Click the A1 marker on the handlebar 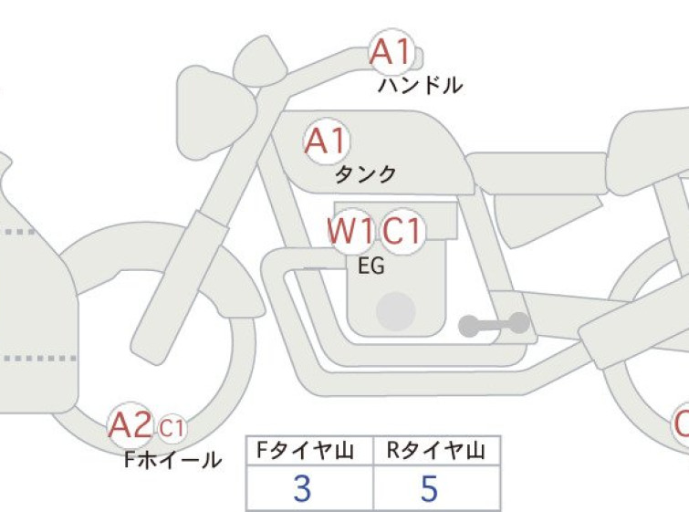coord(391,52)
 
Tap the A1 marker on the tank coord(327,141)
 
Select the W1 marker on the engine coord(351,231)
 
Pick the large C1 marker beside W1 coord(402,231)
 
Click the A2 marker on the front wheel coord(130,425)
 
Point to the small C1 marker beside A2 coord(172,427)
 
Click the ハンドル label coord(420,86)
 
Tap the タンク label coord(365,175)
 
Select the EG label coord(371,266)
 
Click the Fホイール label coord(172,460)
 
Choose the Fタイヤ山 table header coord(306,451)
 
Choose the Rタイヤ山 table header coord(436,451)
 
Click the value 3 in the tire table coord(302,488)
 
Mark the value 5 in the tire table coord(429,488)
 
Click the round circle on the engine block coord(396,311)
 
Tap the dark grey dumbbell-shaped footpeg coord(494,325)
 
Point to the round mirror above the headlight coord(260,61)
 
